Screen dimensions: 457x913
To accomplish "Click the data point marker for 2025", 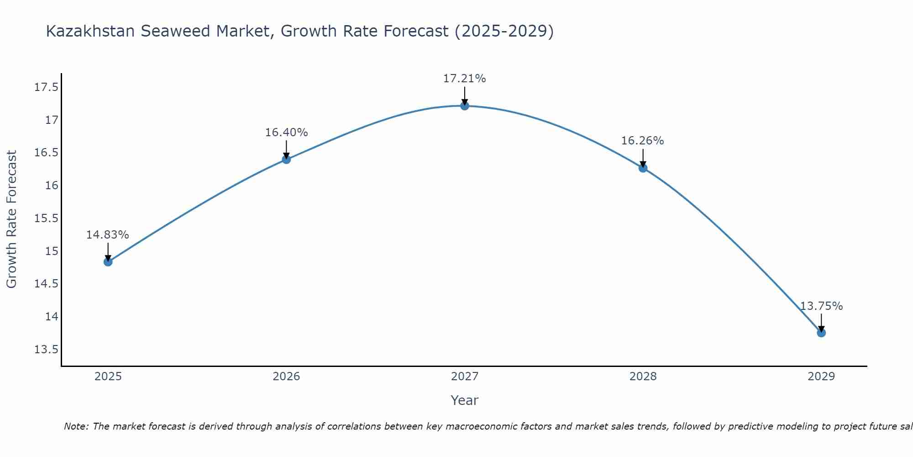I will (x=108, y=262).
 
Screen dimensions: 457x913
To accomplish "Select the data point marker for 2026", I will (x=286, y=159).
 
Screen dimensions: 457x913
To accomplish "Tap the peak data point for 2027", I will (x=465, y=106).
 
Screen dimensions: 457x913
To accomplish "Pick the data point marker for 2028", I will (x=643, y=168).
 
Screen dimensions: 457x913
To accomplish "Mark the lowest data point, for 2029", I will (x=821, y=333).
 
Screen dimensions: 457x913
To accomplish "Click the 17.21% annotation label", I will (x=465, y=79).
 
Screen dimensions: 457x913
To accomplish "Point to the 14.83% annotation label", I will (x=108, y=235).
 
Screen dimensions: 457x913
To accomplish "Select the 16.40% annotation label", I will (x=286, y=133).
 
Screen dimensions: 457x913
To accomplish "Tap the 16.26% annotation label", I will (x=643, y=141).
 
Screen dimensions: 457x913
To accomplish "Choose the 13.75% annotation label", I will (x=821, y=306).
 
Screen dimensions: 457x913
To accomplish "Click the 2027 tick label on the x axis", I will (x=465, y=377).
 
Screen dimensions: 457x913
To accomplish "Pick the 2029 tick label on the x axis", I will (x=821, y=377).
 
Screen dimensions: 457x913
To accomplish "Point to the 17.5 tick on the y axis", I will (x=47, y=87).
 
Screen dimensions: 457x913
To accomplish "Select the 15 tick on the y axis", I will (x=52, y=251).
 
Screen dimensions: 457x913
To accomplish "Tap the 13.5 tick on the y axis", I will (x=47, y=350).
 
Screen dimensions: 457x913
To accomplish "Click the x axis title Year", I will (x=465, y=400).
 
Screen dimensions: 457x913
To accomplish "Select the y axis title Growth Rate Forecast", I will (x=11, y=219).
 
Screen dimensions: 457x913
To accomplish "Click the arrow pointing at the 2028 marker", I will (x=643, y=158).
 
